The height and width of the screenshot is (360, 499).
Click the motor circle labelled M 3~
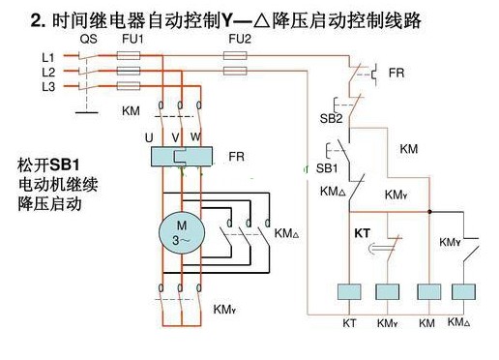click(x=182, y=233)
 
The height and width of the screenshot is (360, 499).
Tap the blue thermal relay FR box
click(x=182, y=157)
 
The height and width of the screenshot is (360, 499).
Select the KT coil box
click(x=349, y=291)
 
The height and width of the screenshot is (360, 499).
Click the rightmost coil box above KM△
click(x=463, y=291)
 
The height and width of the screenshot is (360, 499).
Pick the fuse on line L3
click(x=129, y=86)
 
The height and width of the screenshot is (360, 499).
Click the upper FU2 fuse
click(x=235, y=56)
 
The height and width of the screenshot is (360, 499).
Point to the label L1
click(x=48, y=57)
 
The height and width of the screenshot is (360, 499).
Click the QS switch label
click(x=88, y=40)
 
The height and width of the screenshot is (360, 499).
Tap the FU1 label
click(x=132, y=39)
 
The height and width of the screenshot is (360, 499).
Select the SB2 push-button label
click(x=331, y=118)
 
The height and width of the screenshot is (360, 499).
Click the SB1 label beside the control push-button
click(x=327, y=168)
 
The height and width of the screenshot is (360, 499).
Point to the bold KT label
click(x=363, y=233)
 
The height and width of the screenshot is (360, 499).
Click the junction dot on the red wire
click(x=429, y=212)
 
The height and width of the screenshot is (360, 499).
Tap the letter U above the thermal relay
click(x=149, y=138)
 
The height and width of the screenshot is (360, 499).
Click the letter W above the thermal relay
click(x=195, y=136)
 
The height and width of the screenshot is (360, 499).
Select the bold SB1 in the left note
click(x=65, y=165)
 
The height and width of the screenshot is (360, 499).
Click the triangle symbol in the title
click(x=261, y=21)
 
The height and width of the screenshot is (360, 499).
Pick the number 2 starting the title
click(x=36, y=21)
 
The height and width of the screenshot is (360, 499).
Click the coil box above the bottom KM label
click(x=429, y=291)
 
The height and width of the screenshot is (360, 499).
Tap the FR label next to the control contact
click(x=396, y=73)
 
